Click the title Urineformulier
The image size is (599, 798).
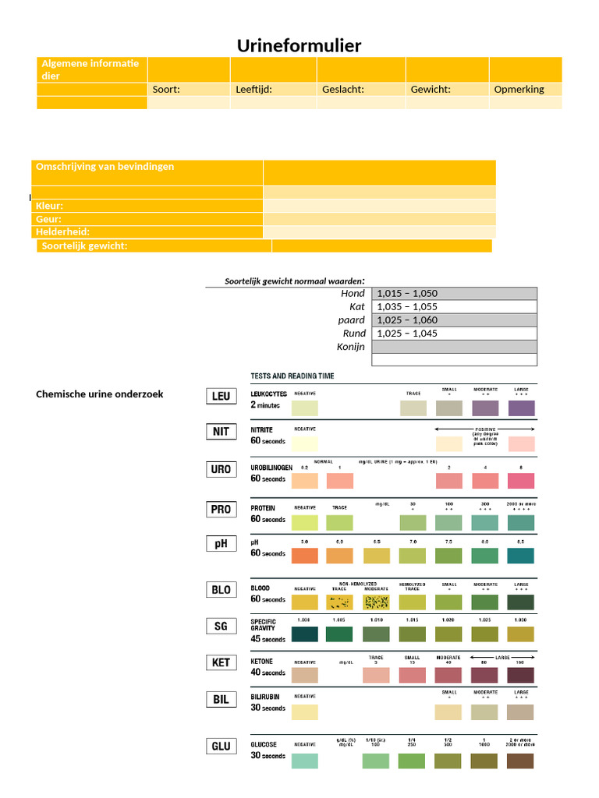click(299, 46)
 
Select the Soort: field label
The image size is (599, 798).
click(166, 89)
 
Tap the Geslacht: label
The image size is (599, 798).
click(343, 89)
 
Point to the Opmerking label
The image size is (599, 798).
click(519, 89)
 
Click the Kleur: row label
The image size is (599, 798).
click(50, 206)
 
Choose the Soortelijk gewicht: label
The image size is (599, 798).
click(84, 246)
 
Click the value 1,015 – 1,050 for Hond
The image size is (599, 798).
click(407, 294)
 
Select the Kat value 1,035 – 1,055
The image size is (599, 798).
click(407, 307)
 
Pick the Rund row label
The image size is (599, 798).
click(354, 334)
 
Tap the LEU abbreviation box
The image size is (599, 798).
click(222, 396)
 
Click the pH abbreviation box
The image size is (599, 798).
click(222, 543)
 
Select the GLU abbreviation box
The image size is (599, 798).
click(222, 746)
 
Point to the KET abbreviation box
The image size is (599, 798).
click(222, 662)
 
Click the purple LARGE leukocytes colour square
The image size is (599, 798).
click(521, 408)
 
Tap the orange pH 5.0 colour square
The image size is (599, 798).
click(304, 556)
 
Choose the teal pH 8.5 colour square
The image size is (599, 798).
click(521, 556)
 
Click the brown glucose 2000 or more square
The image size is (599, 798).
click(521, 761)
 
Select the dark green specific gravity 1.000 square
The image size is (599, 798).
click(304, 634)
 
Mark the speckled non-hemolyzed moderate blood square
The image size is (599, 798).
click(376, 602)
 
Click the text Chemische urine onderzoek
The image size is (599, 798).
click(100, 394)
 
